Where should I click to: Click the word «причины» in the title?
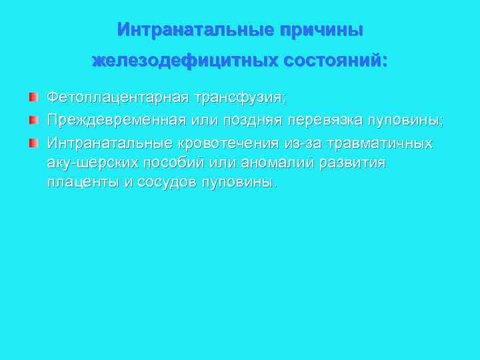(321, 31)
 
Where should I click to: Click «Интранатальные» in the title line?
(195, 31)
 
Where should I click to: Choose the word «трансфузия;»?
(239, 98)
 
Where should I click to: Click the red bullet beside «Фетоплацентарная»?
(33, 98)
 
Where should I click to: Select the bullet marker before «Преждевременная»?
(33, 121)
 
